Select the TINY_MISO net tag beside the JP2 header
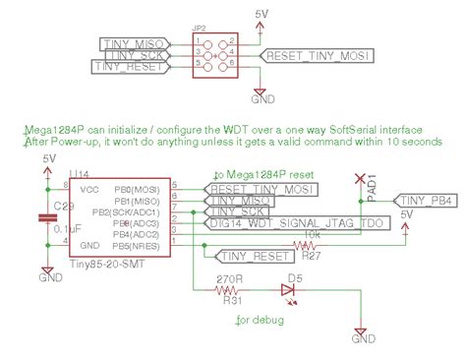coord(138,42)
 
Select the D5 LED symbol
coord(287,289)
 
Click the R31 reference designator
coord(233,302)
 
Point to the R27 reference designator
coord(312,256)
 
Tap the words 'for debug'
coord(259,322)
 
